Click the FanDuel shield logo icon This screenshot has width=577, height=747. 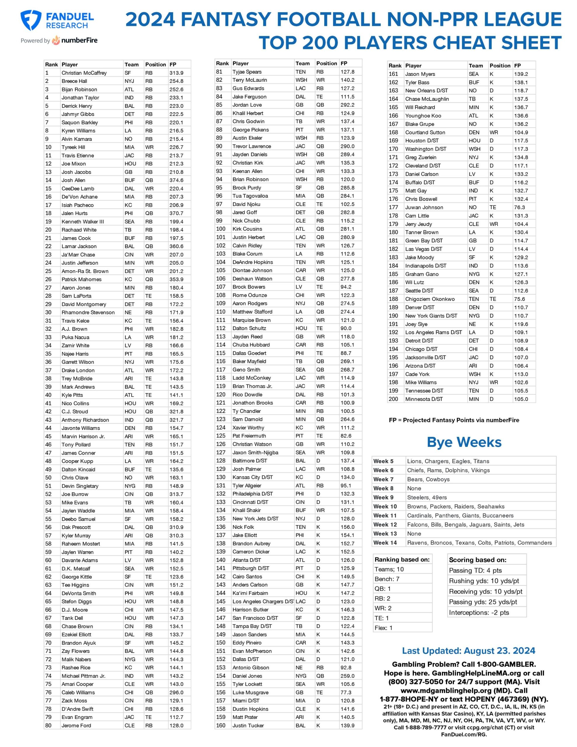pyautogui.click(x=31, y=20)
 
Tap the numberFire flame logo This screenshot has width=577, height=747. pyautogui.click(x=55, y=40)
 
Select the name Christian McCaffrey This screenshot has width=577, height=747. pyautogui.click(x=84, y=73)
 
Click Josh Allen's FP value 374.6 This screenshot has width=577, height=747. pyautogui.click(x=176, y=180)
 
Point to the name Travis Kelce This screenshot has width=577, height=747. pyautogui.click(x=75, y=321)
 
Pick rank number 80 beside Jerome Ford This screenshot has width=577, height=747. pyautogui.click(x=48, y=725)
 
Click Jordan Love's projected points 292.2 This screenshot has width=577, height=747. pyautogui.click(x=347, y=105)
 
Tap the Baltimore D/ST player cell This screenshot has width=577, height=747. pyautogui.click(x=250, y=461)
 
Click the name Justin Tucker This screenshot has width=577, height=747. pyautogui.click(x=248, y=725)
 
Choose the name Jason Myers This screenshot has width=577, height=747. pyautogui.click(x=420, y=74)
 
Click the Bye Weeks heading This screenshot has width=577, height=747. pyautogui.click(x=464, y=442)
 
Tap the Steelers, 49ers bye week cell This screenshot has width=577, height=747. pyautogui.click(x=426, y=497)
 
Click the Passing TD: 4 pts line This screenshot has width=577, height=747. pyautogui.click(x=470, y=570)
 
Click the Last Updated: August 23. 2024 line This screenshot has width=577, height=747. pyautogui.click(x=468, y=651)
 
